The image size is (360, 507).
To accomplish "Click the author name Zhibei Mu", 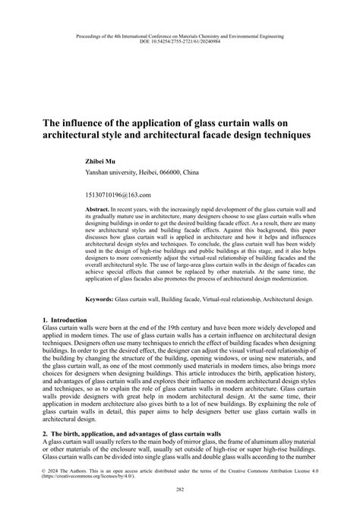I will (106, 161).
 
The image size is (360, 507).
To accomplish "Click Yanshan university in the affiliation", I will (117, 173).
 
